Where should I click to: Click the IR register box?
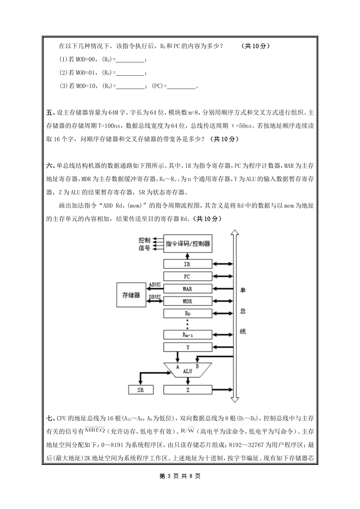tap(188, 264)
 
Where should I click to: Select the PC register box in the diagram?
tap(188, 276)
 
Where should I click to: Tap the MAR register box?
tap(188, 289)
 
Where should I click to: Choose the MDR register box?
tap(188, 301)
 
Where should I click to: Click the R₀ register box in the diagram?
tap(188, 314)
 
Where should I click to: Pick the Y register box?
tap(188, 347)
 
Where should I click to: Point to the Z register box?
tap(188, 390)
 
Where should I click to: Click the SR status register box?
tap(140, 390)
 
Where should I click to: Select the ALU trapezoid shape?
tap(187, 370)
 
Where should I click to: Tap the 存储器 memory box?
tap(131, 295)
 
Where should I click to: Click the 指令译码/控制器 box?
tap(188, 244)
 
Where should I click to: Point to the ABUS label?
tap(155, 284)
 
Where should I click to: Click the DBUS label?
tap(155, 297)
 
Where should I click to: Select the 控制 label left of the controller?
tap(144, 240)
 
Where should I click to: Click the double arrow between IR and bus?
tap(223, 264)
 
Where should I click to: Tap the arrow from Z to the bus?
tap(223, 390)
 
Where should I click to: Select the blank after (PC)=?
tap(181, 86)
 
